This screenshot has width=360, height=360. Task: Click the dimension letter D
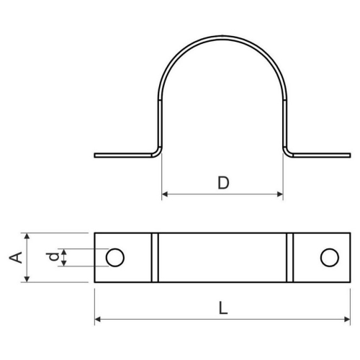tap(222, 183)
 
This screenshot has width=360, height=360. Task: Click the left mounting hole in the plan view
tap(114, 257)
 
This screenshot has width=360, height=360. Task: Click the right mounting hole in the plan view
tap(329, 257)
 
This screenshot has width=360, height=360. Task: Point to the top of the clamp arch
tap(222, 33)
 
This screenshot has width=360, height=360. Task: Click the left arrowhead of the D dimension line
tap(165, 194)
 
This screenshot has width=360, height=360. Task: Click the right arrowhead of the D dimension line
tap(280, 194)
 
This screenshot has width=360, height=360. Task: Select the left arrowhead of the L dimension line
tap(98, 319)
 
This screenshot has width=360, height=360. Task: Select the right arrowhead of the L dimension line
tap(348, 319)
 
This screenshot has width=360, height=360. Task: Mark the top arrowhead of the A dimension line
tap(27, 235)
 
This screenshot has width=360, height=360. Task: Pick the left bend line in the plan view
tap(153, 257)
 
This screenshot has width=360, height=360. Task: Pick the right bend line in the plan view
tap(289, 257)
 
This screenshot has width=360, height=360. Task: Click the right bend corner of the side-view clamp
tap(286, 149)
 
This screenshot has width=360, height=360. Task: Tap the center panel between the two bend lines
tap(222, 257)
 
